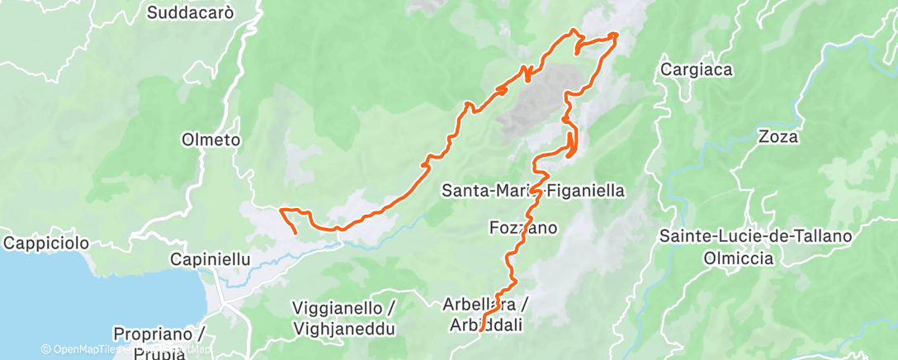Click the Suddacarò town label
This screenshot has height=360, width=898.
coord(191,12)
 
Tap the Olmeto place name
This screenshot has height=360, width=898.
coord(210,140)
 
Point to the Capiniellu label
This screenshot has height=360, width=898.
coord(210,259)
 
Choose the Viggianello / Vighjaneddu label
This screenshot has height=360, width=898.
coord(344,318)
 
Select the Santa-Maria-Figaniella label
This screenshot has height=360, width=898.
coord(534,191)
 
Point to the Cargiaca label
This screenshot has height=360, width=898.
coord(697,70)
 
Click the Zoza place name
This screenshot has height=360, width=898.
coord(778,137)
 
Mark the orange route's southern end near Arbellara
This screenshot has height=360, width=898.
coord(480,330)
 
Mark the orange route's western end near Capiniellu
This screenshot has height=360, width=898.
coord(296,234)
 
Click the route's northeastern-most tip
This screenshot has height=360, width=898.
coord(616,35)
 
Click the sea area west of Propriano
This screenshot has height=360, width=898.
coord(33,306)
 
